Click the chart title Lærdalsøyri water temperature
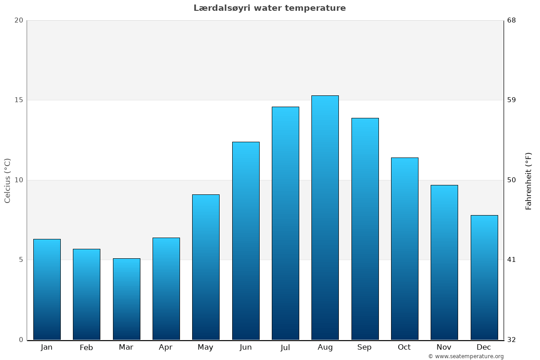click(270, 8)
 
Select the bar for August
click(325, 218)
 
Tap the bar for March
click(126, 299)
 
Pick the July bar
click(285, 223)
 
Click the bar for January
click(47, 289)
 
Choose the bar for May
click(206, 267)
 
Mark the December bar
click(484, 278)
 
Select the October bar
click(405, 249)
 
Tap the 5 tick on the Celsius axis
click(20, 260)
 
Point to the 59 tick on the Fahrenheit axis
click(511, 100)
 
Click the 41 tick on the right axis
click(511, 260)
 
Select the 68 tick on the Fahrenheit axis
click(511, 20)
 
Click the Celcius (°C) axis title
click(8, 180)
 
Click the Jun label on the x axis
click(246, 347)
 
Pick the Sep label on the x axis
click(364, 347)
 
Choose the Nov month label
click(444, 347)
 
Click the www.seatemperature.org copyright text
click(466, 356)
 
